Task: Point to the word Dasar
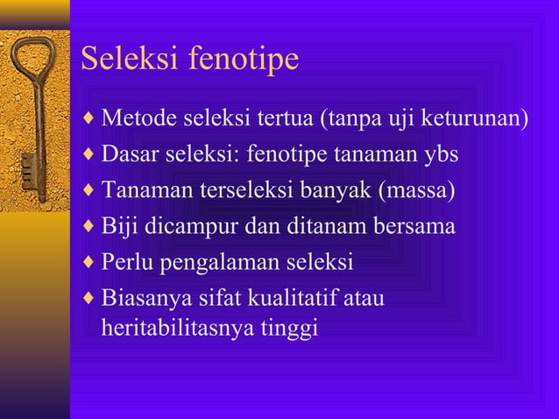[126, 154]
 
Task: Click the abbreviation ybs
[441, 155]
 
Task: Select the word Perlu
[124, 262]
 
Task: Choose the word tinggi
[293, 329]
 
